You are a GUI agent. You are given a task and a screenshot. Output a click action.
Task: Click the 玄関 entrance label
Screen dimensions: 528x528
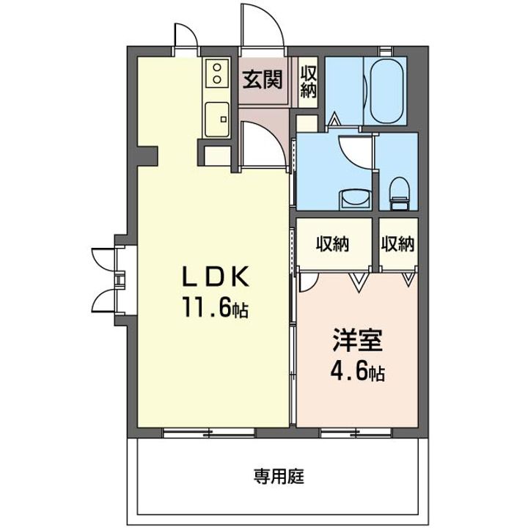[x=263, y=80]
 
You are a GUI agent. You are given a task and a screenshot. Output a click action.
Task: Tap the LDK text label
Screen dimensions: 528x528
[x=216, y=278]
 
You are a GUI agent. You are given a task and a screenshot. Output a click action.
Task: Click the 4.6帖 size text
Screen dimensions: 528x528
[x=357, y=373]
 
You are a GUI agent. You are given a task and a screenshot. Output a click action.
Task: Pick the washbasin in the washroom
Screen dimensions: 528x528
[x=353, y=198]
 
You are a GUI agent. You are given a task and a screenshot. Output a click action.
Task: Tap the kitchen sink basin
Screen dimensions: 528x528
[x=218, y=118]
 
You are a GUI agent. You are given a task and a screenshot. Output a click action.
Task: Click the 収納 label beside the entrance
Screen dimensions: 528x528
[x=309, y=79]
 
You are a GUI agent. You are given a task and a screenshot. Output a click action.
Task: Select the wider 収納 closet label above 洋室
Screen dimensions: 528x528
[x=332, y=243]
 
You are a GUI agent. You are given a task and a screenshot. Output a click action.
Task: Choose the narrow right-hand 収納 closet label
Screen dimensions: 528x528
[x=398, y=243]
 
